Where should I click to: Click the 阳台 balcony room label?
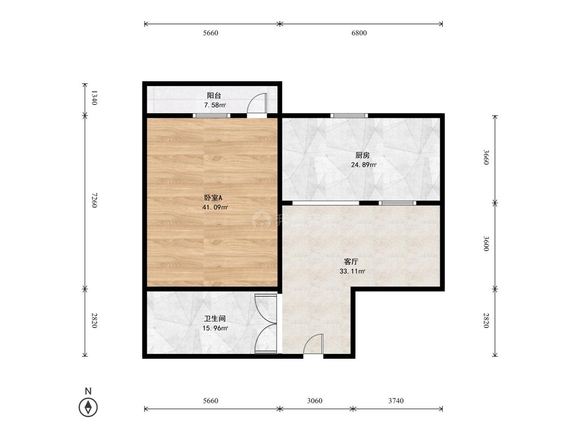coord(214,95)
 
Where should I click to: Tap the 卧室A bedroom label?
coord(213,198)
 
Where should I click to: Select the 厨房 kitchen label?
coord(363,155)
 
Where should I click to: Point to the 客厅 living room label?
coord(351,262)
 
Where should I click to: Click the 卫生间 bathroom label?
coord(214,319)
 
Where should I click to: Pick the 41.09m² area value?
coord(215,207)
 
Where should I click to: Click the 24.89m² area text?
coord(363,165)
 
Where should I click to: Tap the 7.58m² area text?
coord(214,105)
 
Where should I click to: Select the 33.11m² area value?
coord(352,271)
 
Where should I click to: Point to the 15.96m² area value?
coord(215,328)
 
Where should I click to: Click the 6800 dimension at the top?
coord(358,33)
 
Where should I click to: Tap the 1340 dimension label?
coord(94,98)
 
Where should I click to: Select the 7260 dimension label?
coord(94,201)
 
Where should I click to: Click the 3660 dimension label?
coord(486,157)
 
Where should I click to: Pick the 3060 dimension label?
coord(315,401)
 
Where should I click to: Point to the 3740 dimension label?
coord(396,401)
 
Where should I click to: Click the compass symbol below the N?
coord(88,407)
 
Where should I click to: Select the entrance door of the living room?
coord(314,344)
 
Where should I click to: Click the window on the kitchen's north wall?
coord(349,116)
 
